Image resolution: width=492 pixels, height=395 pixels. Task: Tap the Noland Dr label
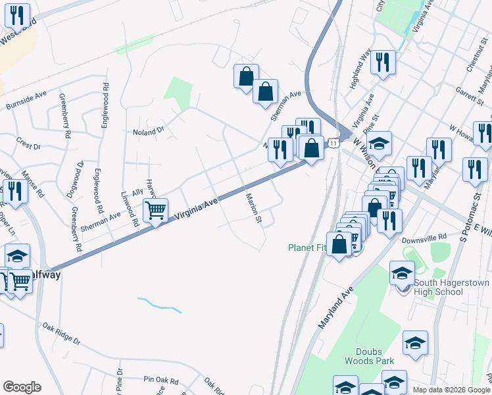[x=147, y=132]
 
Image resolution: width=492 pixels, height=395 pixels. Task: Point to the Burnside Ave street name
[x=26, y=101]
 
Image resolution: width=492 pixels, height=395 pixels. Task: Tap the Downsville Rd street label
[x=424, y=236]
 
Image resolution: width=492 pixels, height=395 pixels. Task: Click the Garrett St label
[x=469, y=94]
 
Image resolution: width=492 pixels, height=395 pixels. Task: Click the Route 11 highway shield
[x=334, y=143]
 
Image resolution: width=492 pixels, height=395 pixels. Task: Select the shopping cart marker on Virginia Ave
[x=156, y=211]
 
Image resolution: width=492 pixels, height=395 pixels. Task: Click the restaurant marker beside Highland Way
[x=382, y=63]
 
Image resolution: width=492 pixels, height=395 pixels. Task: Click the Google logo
[x=22, y=387]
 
